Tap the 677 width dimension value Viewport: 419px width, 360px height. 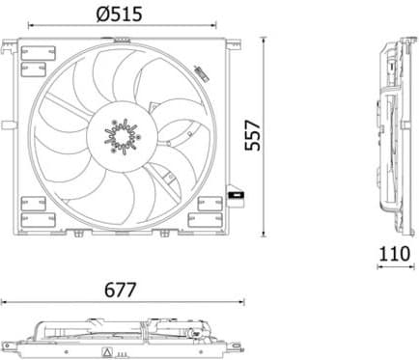[x=122, y=289]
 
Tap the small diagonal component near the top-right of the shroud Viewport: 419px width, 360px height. [x=200, y=72]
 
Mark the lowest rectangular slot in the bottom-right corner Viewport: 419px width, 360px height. [x=208, y=214]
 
